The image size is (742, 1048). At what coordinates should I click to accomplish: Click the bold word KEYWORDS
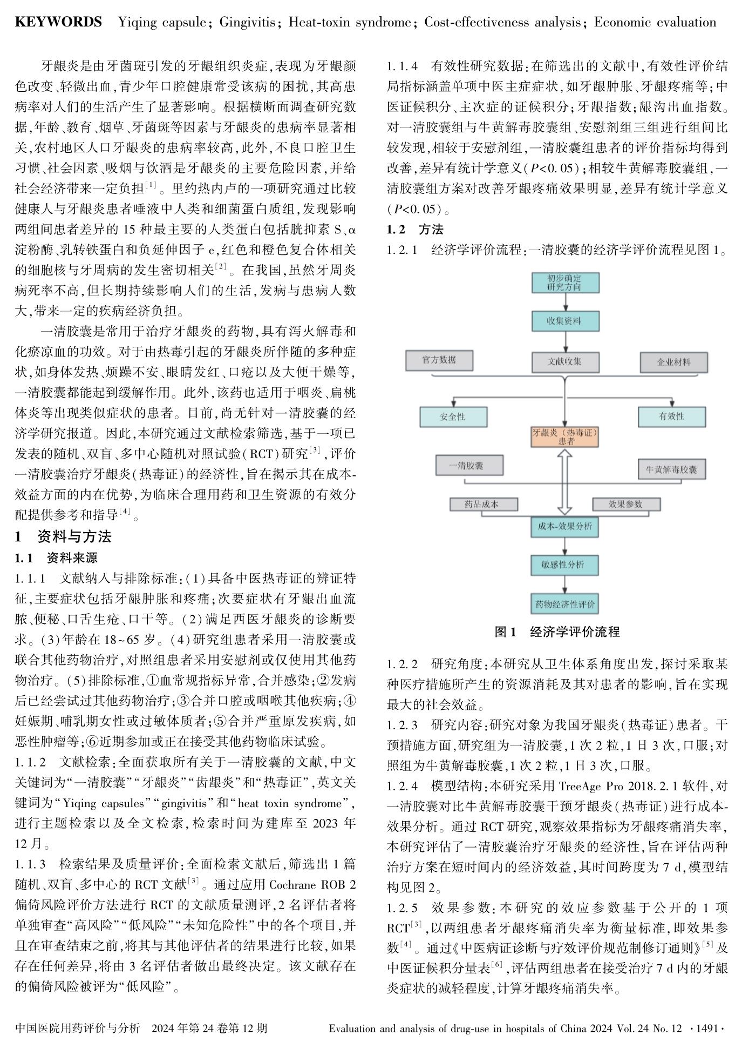(x=58, y=22)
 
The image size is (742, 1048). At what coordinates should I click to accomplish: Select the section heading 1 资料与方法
(x=63, y=536)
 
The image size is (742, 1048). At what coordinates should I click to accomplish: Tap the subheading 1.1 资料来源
(x=56, y=557)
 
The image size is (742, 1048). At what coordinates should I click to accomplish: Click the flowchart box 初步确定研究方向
(x=564, y=283)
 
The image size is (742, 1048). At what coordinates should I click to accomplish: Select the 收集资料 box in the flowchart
(x=564, y=321)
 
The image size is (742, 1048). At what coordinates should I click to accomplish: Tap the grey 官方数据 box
(x=439, y=360)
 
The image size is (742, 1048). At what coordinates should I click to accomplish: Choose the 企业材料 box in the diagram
(x=673, y=362)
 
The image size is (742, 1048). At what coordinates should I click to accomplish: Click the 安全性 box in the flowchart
(x=453, y=416)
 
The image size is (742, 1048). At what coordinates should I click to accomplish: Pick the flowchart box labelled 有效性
(x=671, y=416)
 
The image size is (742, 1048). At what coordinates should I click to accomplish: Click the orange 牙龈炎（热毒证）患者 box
(x=564, y=436)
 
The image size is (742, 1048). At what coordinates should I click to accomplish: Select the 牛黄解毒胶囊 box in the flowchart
(x=671, y=469)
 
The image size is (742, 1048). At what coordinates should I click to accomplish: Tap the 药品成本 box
(x=482, y=504)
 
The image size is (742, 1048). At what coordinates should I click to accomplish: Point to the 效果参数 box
(x=625, y=504)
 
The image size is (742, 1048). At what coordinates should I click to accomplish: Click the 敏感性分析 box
(x=564, y=565)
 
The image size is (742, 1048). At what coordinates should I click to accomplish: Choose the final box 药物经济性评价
(x=564, y=604)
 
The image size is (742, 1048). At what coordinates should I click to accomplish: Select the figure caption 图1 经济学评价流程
(x=557, y=632)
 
